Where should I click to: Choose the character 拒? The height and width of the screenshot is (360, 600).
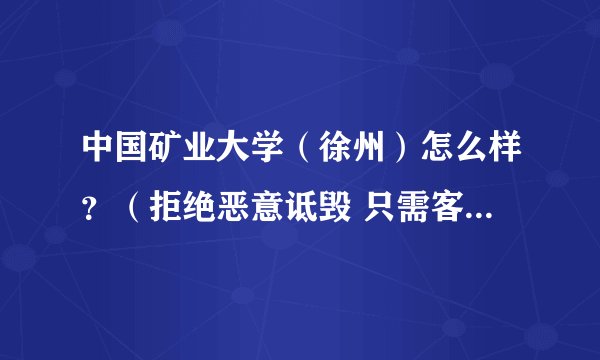(160, 205)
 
